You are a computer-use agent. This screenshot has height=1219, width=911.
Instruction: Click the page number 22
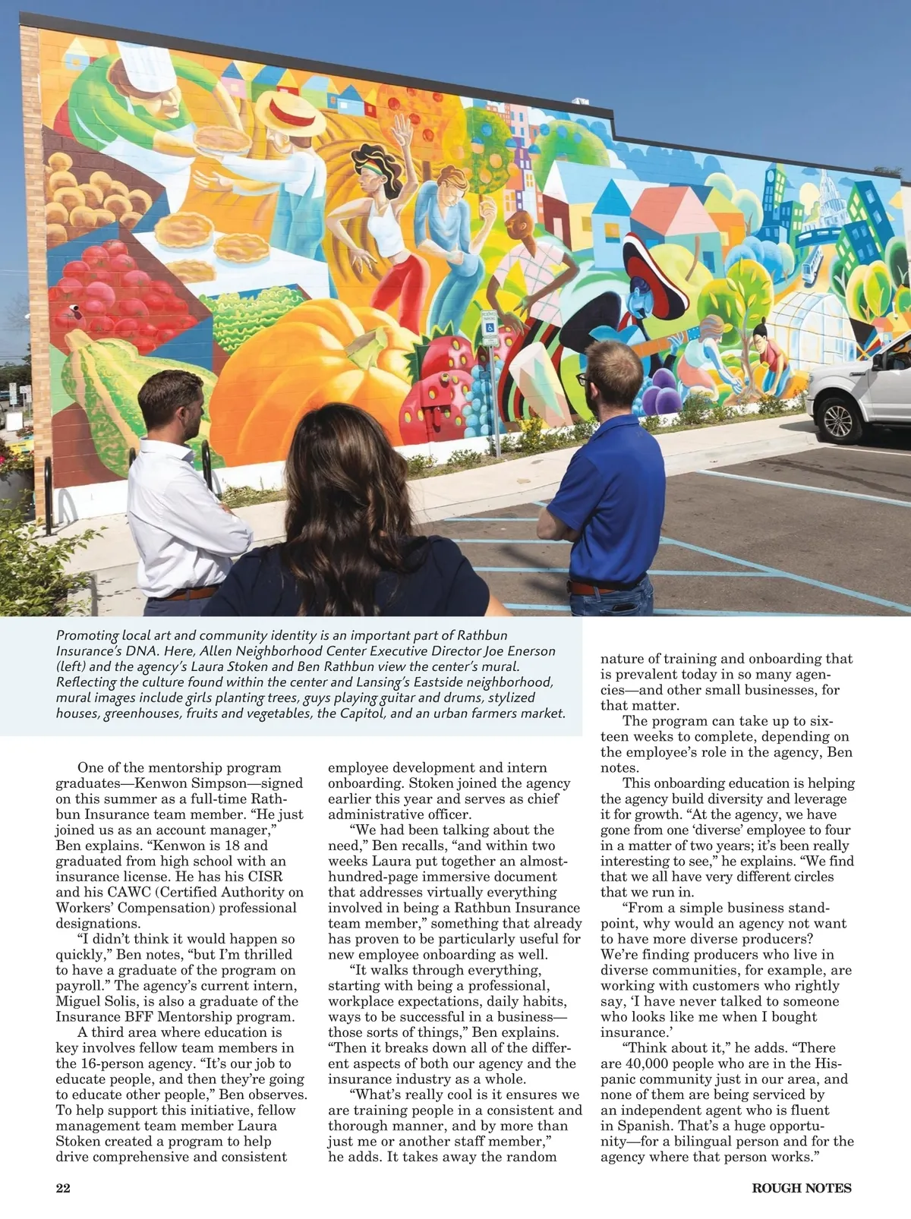pyautogui.click(x=63, y=1188)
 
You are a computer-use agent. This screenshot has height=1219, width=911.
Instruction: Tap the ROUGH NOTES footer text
pyautogui.click(x=802, y=1188)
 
